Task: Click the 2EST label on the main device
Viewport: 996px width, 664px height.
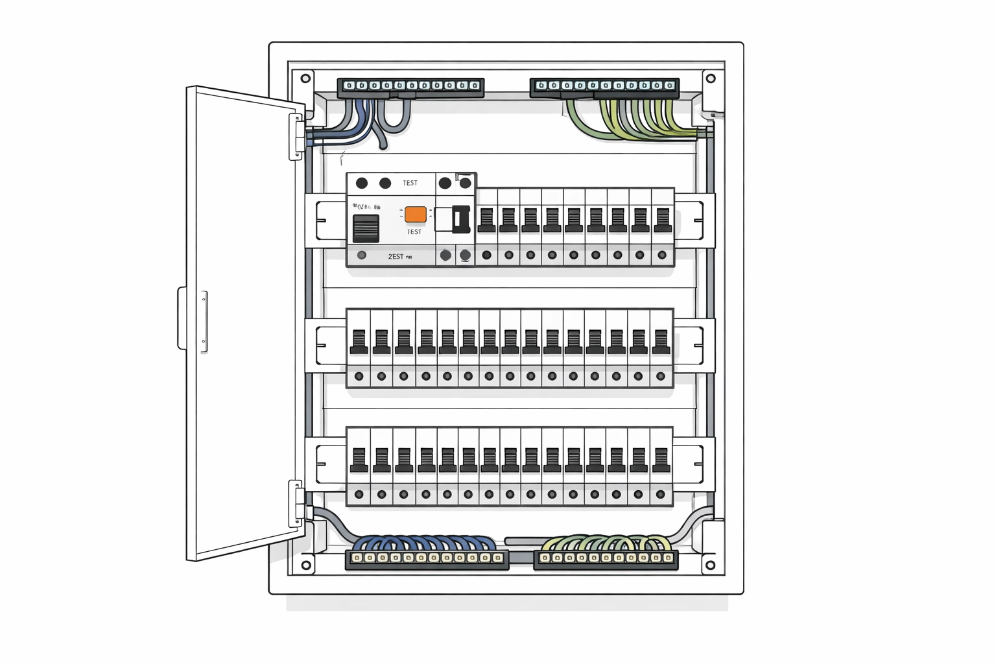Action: pyautogui.click(x=396, y=257)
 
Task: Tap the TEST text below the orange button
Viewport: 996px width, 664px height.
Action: pyautogui.click(x=414, y=232)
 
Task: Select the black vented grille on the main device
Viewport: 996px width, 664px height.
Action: pyautogui.click(x=366, y=228)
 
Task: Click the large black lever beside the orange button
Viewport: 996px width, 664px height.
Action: pyautogui.click(x=460, y=219)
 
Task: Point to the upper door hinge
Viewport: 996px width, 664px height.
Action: pyautogui.click(x=296, y=136)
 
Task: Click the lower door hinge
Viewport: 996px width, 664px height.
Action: pyautogui.click(x=296, y=503)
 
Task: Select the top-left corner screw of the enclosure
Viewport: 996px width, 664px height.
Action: pyautogui.click(x=305, y=78)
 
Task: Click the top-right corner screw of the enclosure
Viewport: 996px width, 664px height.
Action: pyautogui.click(x=710, y=78)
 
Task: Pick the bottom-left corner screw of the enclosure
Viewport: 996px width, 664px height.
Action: pyautogui.click(x=306, y=565)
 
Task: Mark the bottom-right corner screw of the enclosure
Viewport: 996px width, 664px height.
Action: pyautogui.click(x=710, y=565)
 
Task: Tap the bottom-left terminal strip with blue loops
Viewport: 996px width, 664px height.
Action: pyautogui.click(x=427, y=558)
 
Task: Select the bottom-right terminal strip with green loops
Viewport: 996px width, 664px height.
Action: pyautogui.click(x=606, y=558)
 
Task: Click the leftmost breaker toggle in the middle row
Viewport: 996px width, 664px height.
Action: pyautogui.click(x=359, y=342)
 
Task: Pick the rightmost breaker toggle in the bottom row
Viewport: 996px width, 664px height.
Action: pyautogui.click(x=661, y=460)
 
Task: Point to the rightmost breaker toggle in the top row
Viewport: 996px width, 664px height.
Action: pyautogui.click(x=662, y=220)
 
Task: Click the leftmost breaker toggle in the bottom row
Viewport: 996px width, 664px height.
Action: pyautogui.click(x=359, y=460)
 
